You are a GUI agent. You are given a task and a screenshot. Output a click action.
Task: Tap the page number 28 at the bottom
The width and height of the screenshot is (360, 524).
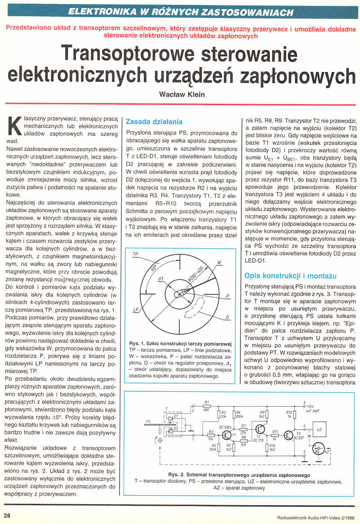[x=8, y=515]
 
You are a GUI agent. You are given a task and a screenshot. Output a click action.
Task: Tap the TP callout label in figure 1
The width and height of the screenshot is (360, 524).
[x=135, y=255]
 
